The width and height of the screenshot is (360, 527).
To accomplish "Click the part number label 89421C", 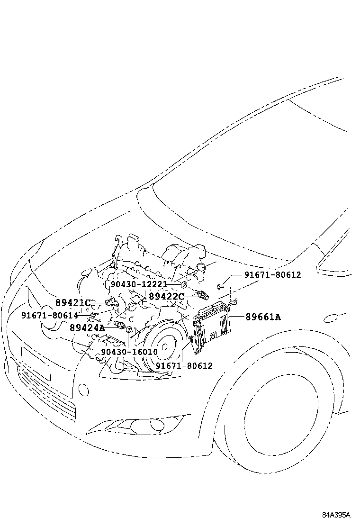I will [x=72, y=302].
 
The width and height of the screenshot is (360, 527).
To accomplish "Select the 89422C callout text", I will [x=166, y=296].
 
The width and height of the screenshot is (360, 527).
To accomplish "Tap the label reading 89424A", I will [x=87, y=327].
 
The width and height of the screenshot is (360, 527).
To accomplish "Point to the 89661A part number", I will [x=263, y=317].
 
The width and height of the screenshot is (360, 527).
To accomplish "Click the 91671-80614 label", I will [x=49, y=315].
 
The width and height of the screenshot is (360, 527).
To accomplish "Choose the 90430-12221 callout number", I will [x=139, y=284].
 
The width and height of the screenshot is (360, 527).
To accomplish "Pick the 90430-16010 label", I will [x=129, y=352].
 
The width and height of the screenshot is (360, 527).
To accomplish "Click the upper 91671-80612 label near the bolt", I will [x=273, y=275].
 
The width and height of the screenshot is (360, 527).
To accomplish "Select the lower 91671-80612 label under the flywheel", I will [x=184, y=365].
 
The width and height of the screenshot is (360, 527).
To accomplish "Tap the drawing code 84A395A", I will [x=336, y=515].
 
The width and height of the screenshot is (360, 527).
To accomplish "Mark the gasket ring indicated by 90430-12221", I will [x=183, y=285].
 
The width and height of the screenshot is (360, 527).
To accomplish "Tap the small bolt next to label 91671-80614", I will [x=94, y=314].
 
